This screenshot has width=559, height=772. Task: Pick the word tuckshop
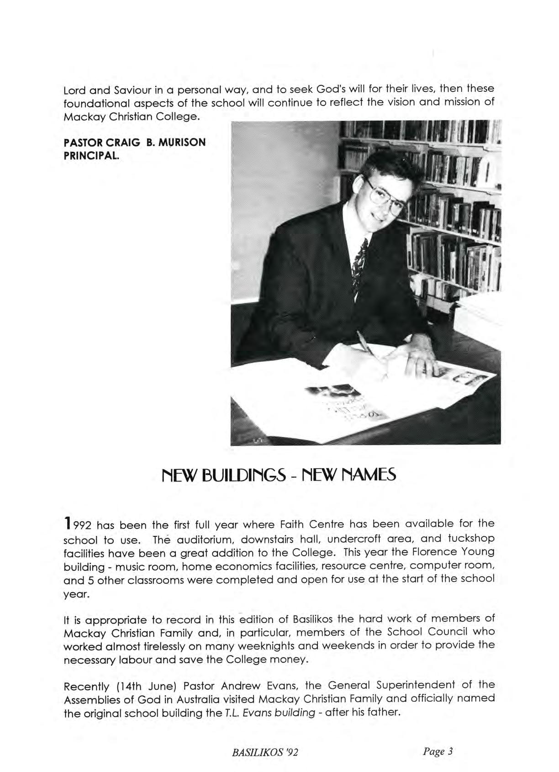click(x=471, y=539)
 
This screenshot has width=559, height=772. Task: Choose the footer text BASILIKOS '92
click(x=265, y=752)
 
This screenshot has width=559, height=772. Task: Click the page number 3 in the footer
click(x=450, y=751)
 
